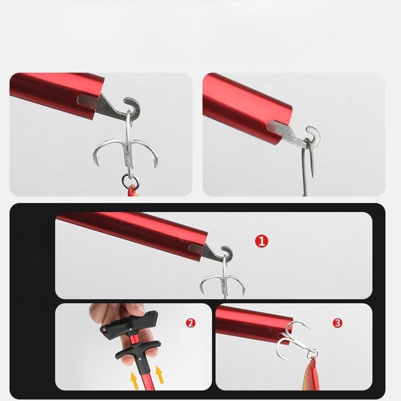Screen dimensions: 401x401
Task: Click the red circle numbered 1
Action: click(262, 241)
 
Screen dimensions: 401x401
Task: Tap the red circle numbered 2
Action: click(191, 323)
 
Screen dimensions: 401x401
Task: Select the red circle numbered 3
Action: click(337, 323)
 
